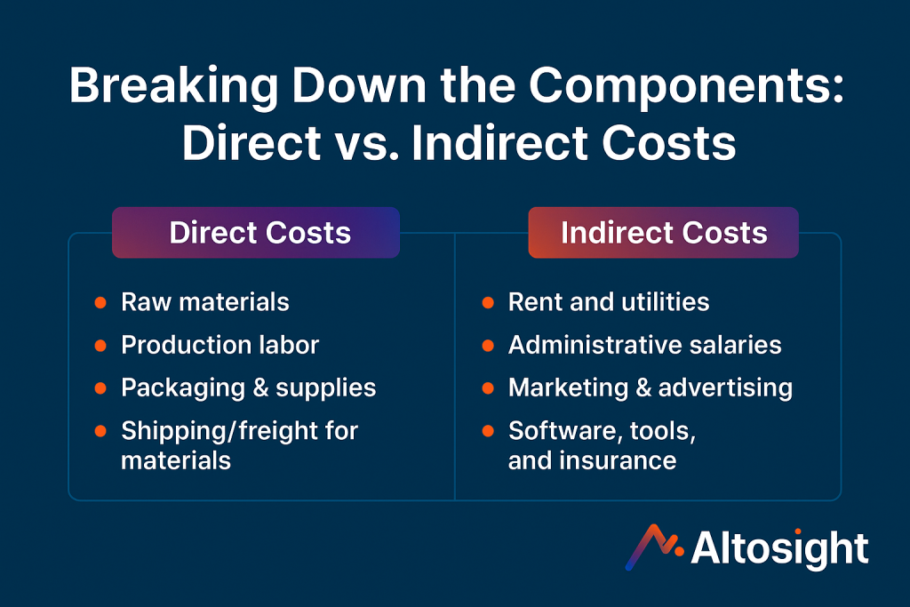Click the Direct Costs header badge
coord(256,233)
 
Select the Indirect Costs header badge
coord(663,233)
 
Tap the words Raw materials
coord(205,302)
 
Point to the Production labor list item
coord(220,346)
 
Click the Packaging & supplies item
coord(249,388)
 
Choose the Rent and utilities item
coord(609,302)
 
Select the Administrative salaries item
coord(645,346)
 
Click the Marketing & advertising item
coord(651,388)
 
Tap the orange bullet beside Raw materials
coord(100,302)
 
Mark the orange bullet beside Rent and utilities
coord(488,302)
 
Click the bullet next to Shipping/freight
coord(100,431)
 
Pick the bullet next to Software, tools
coord(488,431)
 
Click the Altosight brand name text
coord(779,548)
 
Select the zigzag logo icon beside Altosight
coord(654,547)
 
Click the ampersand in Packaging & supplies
coord(260,388)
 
